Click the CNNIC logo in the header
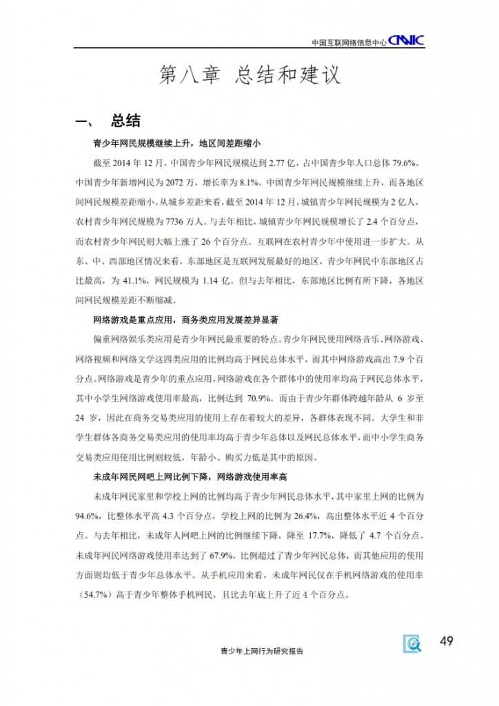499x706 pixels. pos(406,41)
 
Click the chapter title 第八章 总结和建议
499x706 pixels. pos(250,75)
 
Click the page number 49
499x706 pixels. pos(446,642)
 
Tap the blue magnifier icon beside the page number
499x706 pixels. pos(413,644)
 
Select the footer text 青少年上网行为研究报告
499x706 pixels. pos(261,651)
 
